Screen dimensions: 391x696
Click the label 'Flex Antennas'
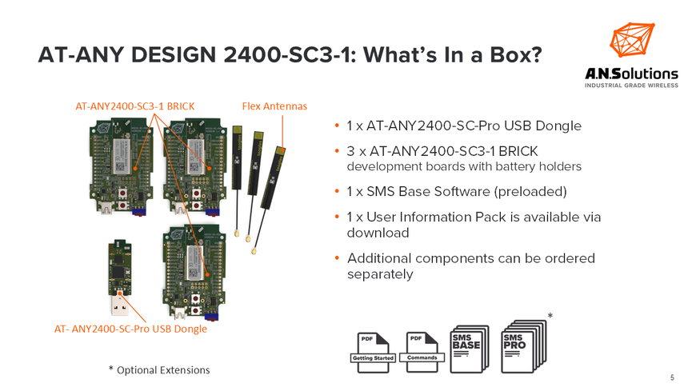[x=274, y=106]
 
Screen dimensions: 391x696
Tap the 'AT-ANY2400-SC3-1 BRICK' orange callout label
[x=135, y=106]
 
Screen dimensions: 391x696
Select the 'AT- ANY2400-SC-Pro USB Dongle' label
[x=130, y=329]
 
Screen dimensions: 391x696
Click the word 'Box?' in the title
[x=510, y=56]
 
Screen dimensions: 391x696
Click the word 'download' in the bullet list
[x=378, y=233]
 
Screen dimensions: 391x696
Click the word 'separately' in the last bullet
[x=380, y=274]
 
